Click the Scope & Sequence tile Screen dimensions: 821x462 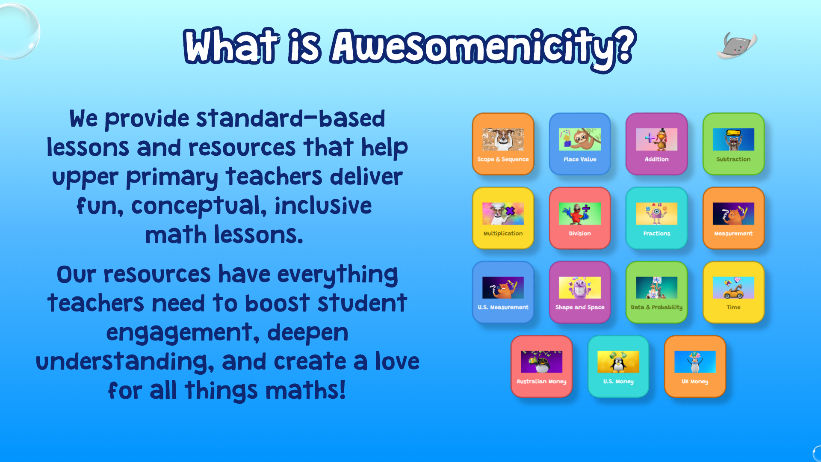pos(503,144)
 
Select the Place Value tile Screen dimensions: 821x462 pos(580,144)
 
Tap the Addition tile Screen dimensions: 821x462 pos(656,144)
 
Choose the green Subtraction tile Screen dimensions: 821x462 pos(733,144)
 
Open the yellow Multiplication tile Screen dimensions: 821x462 pos(503,218)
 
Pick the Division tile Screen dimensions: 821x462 pos(580,218)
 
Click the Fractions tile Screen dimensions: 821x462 pos(656,218)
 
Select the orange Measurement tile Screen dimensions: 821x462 pos(733,218)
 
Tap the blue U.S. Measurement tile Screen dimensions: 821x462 pos(503,292)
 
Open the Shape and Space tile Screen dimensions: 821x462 pos(580,292)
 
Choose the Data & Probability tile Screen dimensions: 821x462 pos(656,292)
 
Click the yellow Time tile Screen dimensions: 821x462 pos(733,292)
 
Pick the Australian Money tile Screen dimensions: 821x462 pos(541,367)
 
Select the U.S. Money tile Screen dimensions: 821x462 pos(618,367)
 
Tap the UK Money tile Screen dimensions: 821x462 pos(695,367)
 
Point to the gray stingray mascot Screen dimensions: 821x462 pos(737,45)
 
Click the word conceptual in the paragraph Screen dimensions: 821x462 pos(199,206)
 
